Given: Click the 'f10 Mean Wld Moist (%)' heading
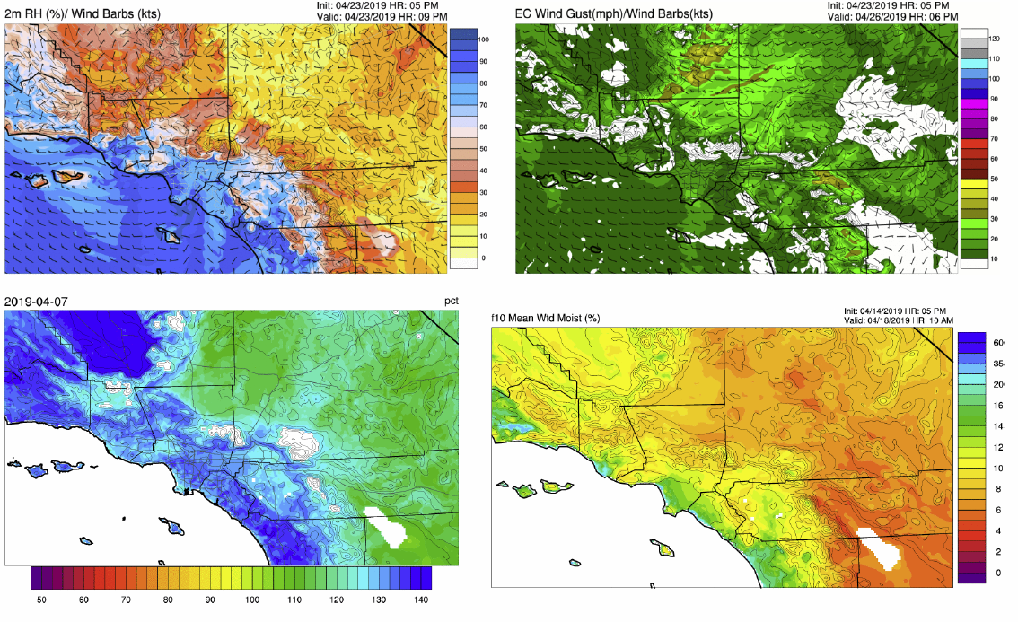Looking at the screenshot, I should pos(547,318).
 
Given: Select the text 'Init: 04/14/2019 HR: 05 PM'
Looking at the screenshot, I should pos(911,311).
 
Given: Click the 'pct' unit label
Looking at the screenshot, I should pos(452,301).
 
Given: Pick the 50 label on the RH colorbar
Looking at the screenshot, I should pos(482,148).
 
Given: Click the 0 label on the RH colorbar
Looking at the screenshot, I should pos(483,258).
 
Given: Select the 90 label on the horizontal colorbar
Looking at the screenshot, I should pos(210,599).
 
